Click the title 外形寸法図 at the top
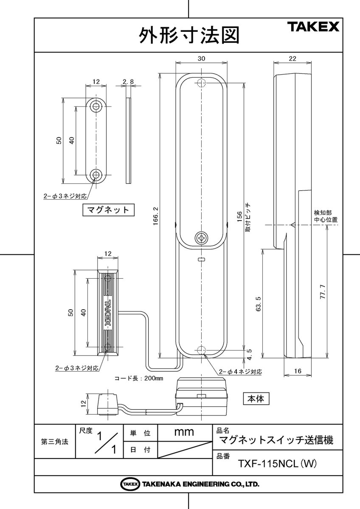click(x=189, y=36)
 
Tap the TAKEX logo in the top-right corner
click(x=315, y=28)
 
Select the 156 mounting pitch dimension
click(x=239, y=216)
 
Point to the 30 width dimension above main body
click(x=202, y=60)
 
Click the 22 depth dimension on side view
click(x=292, y=59)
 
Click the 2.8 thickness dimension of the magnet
click(x=128, y=81)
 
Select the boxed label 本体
click(x=256, y=398)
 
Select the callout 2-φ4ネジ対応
click(x=240, y=372)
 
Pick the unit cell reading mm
click(x=184, y=433)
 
